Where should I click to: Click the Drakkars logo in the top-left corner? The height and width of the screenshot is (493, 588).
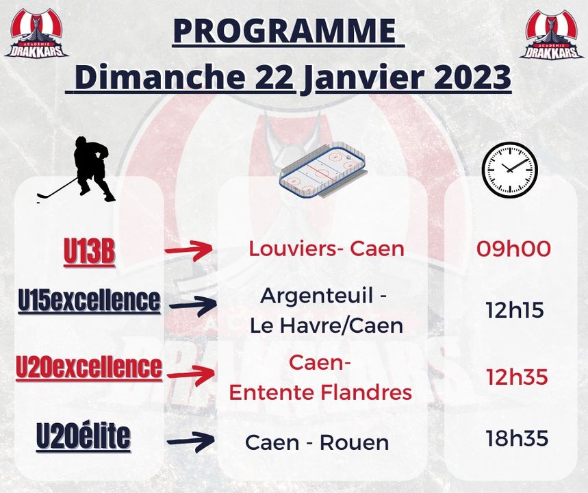(36, 34)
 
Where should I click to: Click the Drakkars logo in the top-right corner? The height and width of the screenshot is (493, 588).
(551, 34)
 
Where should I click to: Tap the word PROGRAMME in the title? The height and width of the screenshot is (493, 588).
(285, 30)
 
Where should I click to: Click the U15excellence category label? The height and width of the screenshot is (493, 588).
(89, 301)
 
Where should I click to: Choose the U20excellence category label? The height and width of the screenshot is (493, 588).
(89, 366)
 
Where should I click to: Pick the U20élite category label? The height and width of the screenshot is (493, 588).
(84, 436)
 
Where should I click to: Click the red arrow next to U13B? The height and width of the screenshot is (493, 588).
(189, 250)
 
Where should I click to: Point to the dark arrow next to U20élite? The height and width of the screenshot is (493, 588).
(191, 442)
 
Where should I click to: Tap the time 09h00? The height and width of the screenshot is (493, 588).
(513, 249)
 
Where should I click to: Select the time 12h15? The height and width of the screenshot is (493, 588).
(515, 311)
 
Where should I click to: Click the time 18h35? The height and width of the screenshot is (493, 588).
(517, 438)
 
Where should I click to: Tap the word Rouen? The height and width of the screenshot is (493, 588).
(355, 443)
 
